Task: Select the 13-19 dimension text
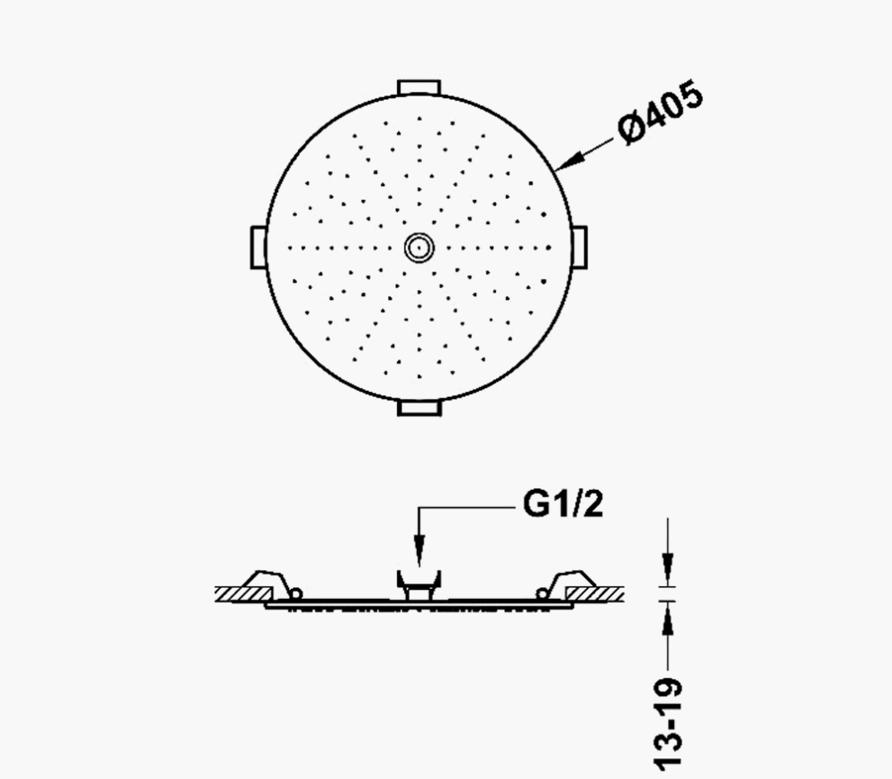668,722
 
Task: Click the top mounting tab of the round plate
419,87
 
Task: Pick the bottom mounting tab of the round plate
419,408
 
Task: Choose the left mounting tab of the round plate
258,248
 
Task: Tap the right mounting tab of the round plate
579,248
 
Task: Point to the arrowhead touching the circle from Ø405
569,161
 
